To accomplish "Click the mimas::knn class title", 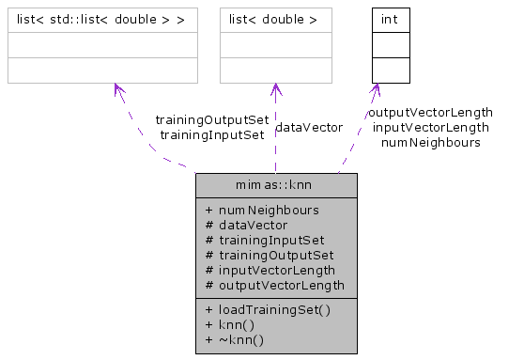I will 275,185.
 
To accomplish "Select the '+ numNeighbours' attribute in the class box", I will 261,210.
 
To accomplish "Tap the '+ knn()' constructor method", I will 229,324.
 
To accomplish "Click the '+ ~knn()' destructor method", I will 233,339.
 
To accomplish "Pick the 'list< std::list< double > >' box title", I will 102,19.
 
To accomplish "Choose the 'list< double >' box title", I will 276,19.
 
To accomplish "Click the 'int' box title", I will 391,19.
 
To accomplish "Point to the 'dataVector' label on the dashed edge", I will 310,127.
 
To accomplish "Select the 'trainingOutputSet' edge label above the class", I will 211,120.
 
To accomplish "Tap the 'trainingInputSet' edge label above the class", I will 211,134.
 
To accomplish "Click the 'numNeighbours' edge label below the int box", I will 431,142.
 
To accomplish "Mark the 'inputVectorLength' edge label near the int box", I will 431,127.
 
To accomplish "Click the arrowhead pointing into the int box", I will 377,89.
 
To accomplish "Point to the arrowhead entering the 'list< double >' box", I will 275,89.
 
